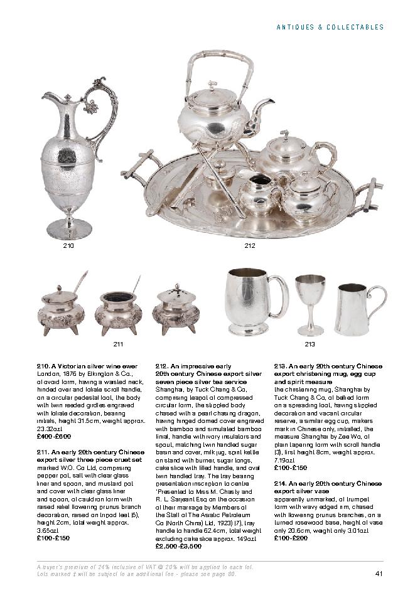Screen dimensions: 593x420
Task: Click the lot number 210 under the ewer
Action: (x=68, y=246)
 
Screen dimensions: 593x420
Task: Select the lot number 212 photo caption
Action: (x=250, y=246)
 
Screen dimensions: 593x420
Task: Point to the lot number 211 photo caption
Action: (x=118, y=344)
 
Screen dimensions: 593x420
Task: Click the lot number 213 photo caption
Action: (x=310, y=344)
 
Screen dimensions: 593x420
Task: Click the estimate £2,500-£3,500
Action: (x=178, y=546)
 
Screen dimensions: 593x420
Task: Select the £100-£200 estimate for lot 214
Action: (x=292, y=538)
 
